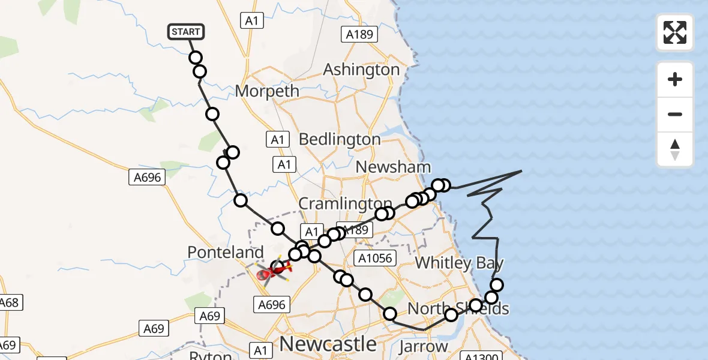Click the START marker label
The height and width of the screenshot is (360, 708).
pos(187,31)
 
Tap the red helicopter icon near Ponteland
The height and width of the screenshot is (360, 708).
pos(273,273)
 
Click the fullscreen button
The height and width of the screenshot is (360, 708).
pos(675,32)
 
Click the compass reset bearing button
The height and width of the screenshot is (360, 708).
pos(675,149)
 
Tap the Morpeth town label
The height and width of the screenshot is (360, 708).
pos(267,91)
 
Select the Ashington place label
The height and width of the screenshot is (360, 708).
pos(361,70)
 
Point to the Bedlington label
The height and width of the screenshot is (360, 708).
pos(340,139)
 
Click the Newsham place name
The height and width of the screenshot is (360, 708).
pos(393,167)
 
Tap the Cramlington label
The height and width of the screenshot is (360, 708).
pos(345,203)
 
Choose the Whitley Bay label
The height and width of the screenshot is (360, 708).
pos(459,263)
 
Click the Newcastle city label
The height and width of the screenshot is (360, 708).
pos(328,344)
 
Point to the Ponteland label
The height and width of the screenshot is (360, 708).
pos(225,253)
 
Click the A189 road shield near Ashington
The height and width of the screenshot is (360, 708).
pos(359,35)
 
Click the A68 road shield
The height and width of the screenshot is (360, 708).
pos(9,302)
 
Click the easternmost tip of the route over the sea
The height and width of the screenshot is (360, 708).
pos(521,171)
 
